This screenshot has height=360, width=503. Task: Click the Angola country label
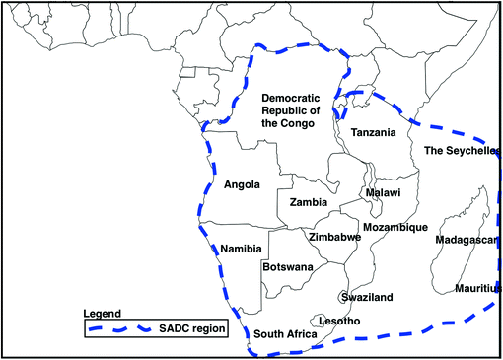click(x=242, y=183)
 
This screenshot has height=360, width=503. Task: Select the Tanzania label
click(x=373, y=133)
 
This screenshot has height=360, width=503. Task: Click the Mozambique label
click(x=395, y=228)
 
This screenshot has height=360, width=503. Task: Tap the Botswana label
click(x=288, y=267)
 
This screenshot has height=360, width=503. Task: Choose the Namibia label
click(x=241, y=249)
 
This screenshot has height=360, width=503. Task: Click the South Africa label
click(x=285, y=334)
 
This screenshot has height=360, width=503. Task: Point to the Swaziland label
click(x=367, y=297)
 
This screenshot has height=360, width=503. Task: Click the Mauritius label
click(x=478, y=288)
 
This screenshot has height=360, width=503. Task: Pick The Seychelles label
click(x=462, y=151)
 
